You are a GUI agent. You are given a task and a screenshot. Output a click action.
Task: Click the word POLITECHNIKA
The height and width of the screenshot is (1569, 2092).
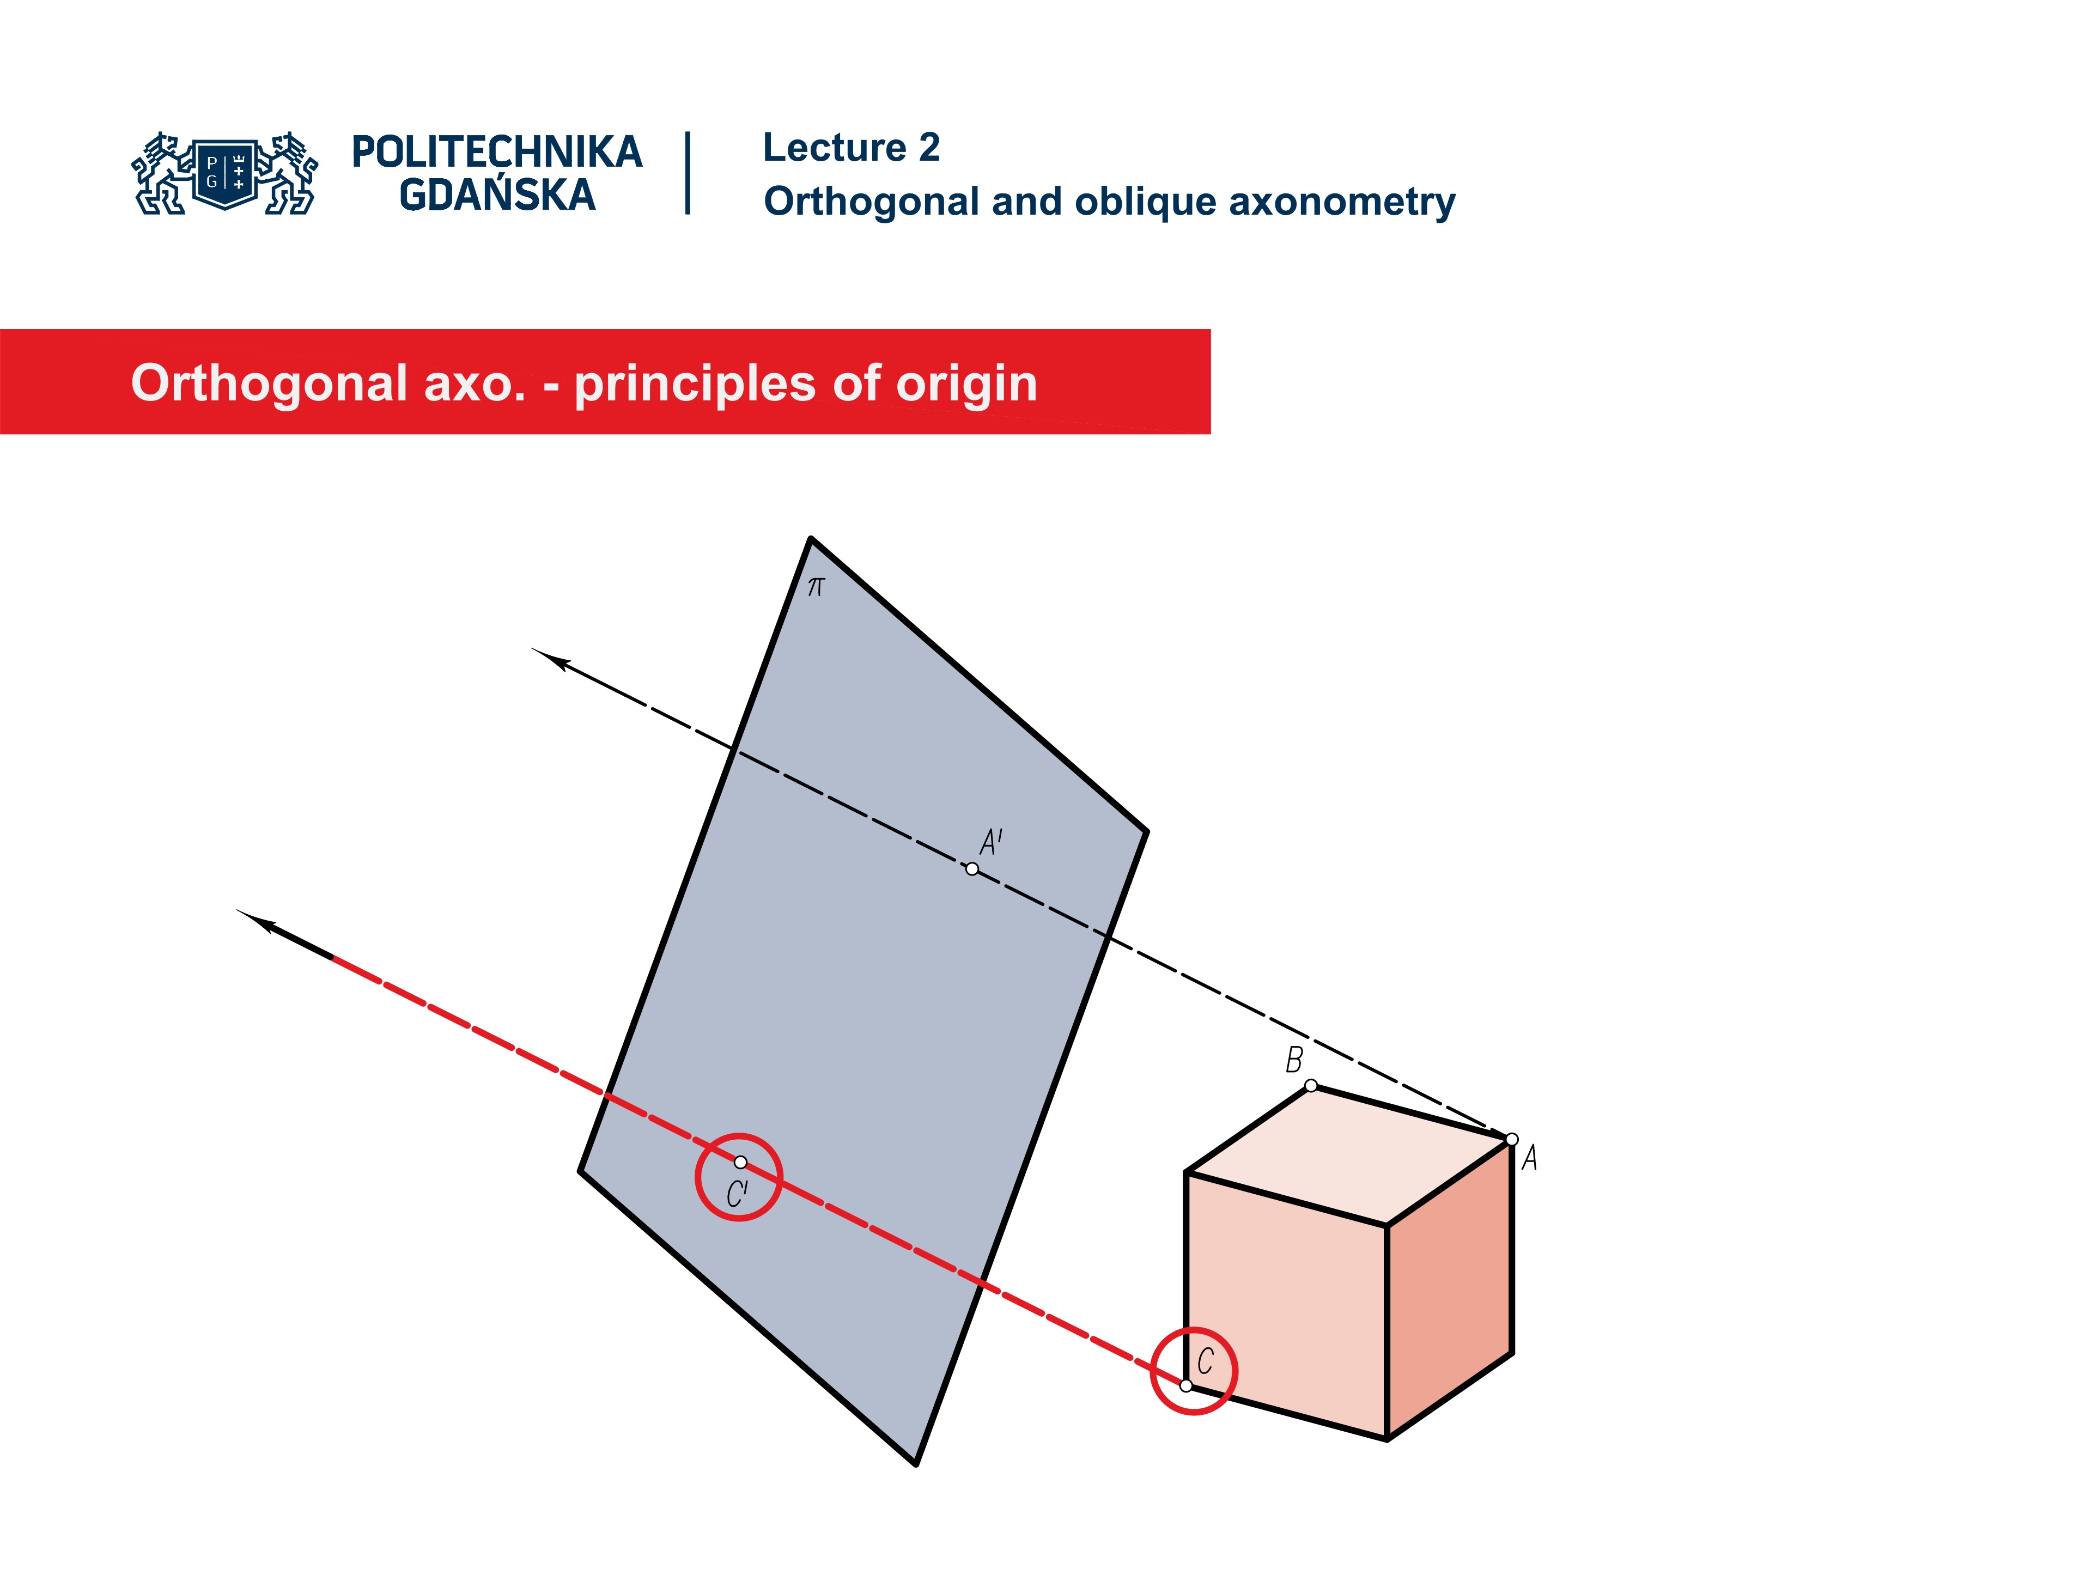click(496, 152)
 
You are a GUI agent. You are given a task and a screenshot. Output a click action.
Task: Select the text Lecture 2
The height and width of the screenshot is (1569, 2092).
click(850, 148)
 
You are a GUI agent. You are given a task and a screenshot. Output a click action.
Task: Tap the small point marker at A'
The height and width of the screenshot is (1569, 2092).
click(971, 869)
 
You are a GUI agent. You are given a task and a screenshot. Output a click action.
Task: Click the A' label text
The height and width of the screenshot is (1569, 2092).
click(990, 842)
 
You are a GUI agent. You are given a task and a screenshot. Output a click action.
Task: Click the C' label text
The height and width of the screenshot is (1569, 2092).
click(737, 1195)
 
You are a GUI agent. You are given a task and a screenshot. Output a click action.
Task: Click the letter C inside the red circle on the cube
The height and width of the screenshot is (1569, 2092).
click(1205, 1362)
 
